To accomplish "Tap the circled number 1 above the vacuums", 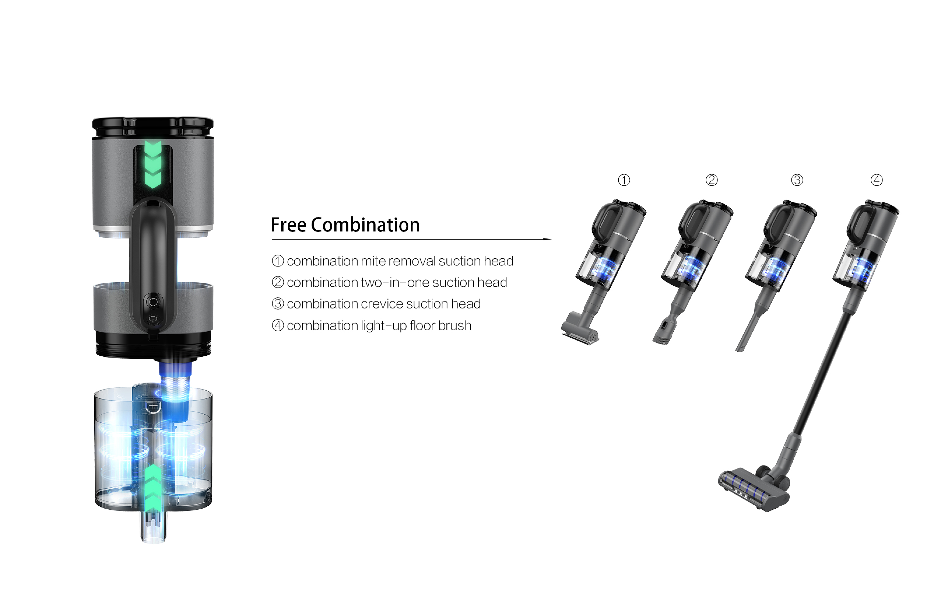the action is (x=624, y=180).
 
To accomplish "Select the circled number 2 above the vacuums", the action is (x=712, y=180).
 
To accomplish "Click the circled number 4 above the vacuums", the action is (x=877, y=180).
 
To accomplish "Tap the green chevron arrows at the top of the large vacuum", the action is (x=153, y=165).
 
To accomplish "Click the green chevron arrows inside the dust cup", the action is (x=153, y=488).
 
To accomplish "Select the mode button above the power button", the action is (x=153, y=302).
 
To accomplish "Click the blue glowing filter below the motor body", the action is (x=175, y=392).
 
